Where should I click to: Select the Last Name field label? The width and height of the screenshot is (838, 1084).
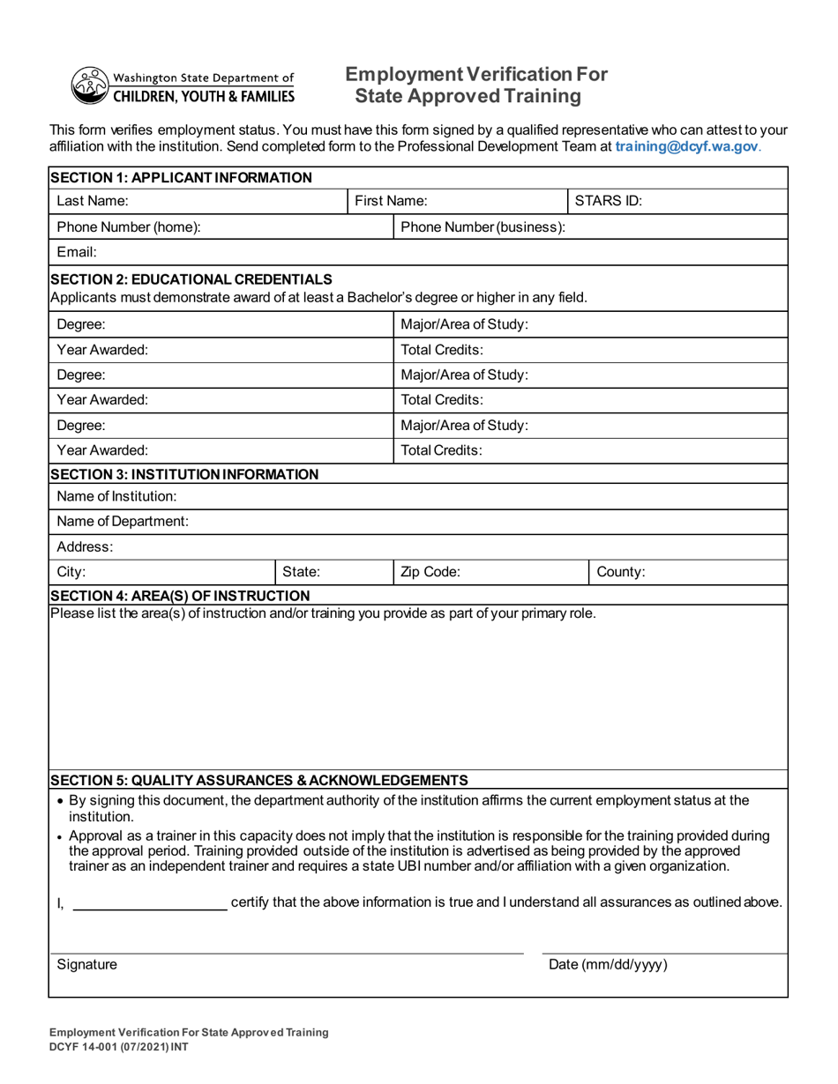click(x=93, y=201)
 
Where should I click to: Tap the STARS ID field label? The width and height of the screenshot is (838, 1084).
click(x=608, y=201)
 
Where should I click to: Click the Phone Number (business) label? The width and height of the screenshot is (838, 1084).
click(x=483, y=227)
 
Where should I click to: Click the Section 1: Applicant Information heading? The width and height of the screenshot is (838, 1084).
click(x=181, y=178)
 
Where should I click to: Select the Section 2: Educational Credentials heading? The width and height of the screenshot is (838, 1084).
click(x=191, y=280)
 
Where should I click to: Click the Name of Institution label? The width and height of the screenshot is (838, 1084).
click(x=116, y=497)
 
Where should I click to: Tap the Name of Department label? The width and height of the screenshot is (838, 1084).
click(x=122, y=521)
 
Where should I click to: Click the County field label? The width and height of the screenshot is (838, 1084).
click(x=621, y=571)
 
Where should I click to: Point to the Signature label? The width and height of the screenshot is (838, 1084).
click(x=86, y=964)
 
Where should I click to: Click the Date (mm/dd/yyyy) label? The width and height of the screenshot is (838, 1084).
click(x=608, y=964)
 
